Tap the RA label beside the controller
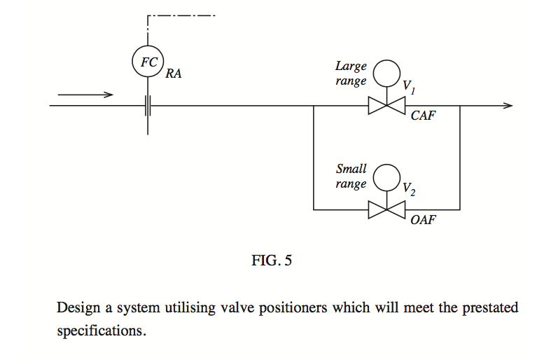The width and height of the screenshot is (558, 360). click(174, 74)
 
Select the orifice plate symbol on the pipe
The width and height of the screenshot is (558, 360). click(148, 105)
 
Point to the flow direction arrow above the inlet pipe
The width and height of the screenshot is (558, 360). click(85, 95)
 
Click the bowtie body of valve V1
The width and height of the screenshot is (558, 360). click(386, 105)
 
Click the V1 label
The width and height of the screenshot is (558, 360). click(409, 87)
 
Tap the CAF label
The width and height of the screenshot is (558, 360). click(423, 116)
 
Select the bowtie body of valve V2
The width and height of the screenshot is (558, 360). click(386, 209)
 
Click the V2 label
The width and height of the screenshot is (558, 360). click(409, 189)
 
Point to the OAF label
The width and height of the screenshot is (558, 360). click(423, 220)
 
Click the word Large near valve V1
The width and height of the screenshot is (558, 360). click(351, 67)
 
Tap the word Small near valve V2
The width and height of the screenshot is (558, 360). click(351, 169)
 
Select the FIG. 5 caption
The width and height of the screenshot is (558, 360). click(272, 261)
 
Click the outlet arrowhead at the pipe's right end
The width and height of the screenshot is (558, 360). click(508, 105)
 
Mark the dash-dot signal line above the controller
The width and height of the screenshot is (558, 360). click(181, 15)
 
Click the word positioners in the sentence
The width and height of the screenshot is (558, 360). click(293, 308)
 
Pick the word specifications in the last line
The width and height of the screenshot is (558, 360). click(102, 331)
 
